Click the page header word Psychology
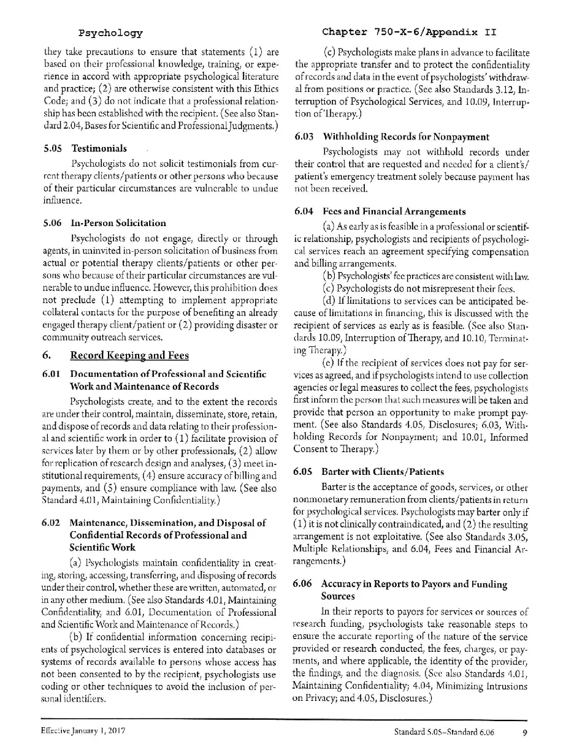coord(110,32)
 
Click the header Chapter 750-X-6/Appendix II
coord(408,32)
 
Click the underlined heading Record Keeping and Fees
coord(129,355)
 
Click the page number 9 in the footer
coord(526,732)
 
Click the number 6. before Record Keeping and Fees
coord(47,355)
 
